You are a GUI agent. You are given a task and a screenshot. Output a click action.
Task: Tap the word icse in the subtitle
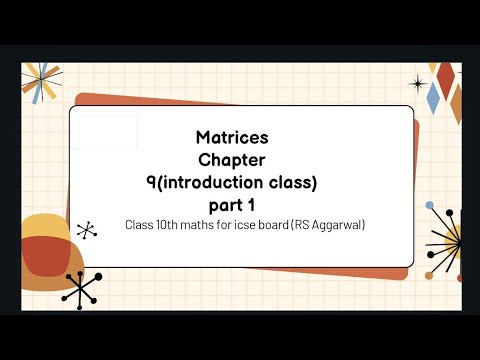pos(256,225)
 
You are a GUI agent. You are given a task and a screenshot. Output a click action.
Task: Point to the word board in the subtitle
pos(290,225)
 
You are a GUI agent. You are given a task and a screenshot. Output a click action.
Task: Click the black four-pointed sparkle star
pos(418,83)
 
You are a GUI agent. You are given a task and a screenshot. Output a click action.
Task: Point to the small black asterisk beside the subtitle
pos(87,230)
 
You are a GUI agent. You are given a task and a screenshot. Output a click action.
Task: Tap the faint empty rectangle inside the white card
pos(108,132)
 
